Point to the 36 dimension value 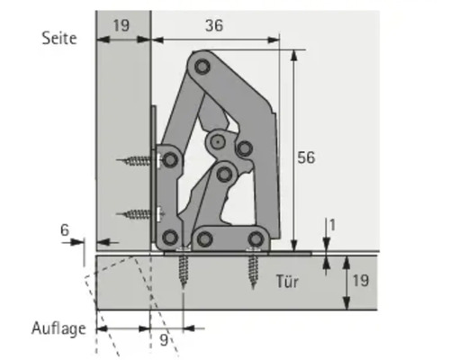tap(212, 26)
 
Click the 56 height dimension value tap(306, 157)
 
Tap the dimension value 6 tap(65, 229)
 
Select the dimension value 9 tap(163, 341)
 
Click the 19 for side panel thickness tap(121, 26)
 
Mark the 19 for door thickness tap(357, 280)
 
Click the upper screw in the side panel tap(138, 162)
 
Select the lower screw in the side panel tap(138, 214)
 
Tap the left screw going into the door tap(184, 268)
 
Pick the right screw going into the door tap(254, 267)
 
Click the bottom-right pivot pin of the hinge tap(257, 238)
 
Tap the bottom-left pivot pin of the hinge tap(168, 238)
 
